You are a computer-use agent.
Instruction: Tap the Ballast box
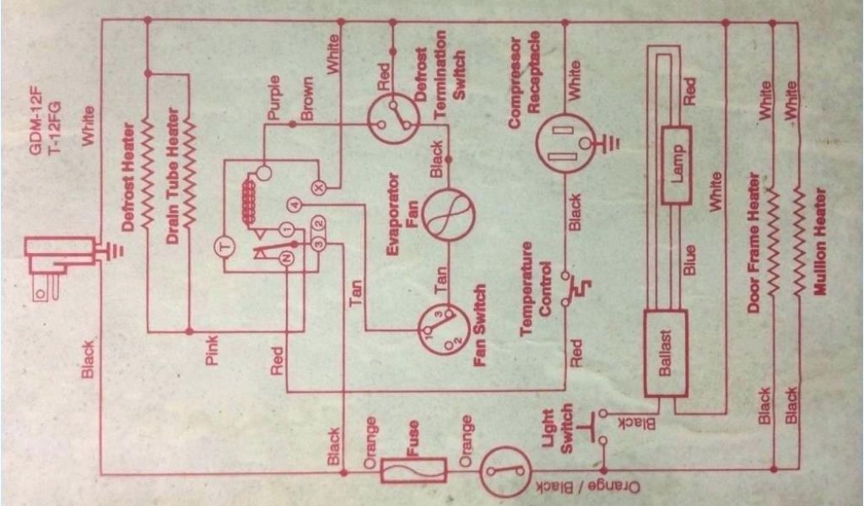[x=664, y=353]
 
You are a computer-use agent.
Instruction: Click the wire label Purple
[x=273, y=101]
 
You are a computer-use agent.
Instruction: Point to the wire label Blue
[x=688, y=259]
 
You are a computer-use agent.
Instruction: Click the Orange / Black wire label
[x=589, y=487]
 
